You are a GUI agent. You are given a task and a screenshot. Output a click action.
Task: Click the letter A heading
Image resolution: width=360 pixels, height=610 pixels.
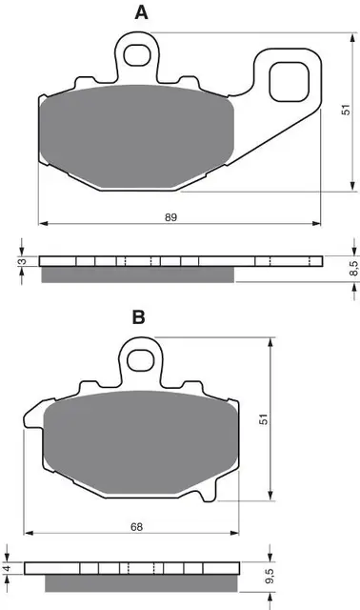[141, 12]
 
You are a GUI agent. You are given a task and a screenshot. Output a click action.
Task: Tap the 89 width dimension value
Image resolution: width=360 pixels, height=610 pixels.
[170, 218]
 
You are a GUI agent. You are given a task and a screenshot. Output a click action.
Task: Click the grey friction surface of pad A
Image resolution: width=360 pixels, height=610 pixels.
[133, 134]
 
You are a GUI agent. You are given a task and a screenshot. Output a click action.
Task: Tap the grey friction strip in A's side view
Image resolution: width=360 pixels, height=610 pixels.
[138, 274]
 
